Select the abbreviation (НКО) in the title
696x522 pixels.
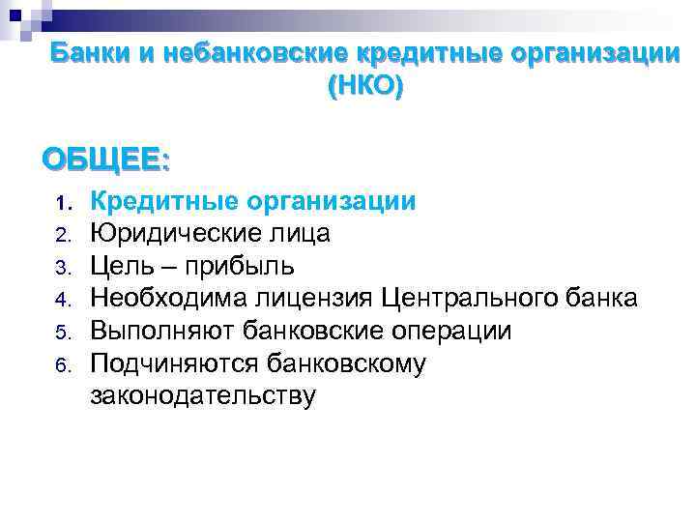point(366,87)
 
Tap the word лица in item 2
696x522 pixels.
point(302,234)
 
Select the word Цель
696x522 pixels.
point(122,266)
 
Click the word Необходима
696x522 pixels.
point(167,298)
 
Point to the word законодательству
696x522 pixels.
point(202,395)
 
